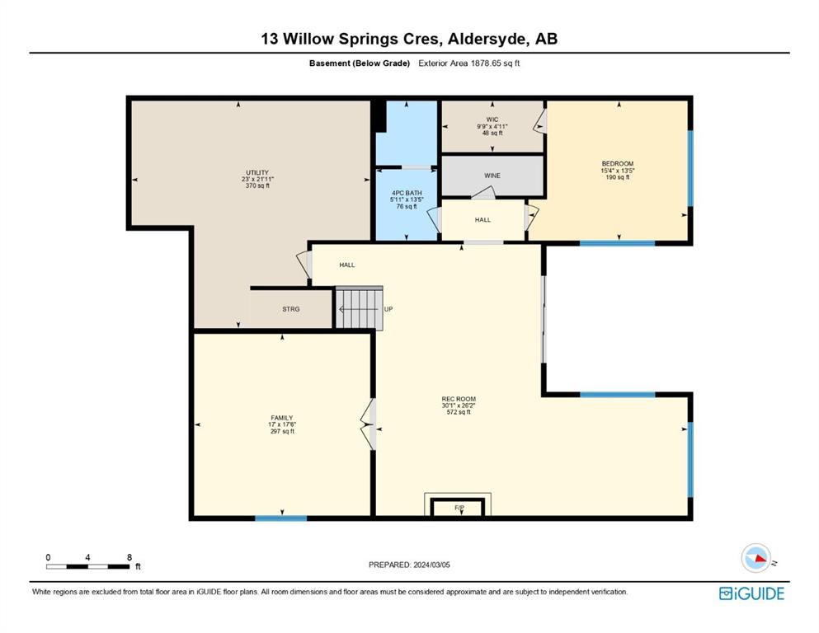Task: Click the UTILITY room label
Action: [257, 173]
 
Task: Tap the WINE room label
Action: [492, 176]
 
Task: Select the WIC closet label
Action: [492, 120]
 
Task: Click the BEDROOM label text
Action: [618, 164]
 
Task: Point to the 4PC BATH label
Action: [407, 193]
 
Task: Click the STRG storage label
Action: [291, 309]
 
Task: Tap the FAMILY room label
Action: [281, 418]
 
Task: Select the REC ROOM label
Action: [459, 399]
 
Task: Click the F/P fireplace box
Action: [458, 507]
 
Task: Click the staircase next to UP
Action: [359, 308]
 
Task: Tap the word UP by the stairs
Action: [388, 309]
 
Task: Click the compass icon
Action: [755, 558]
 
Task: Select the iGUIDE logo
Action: [751, 594]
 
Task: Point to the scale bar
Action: [87, 566]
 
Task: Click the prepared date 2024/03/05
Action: [431, 565]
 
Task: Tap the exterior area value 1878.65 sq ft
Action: [495, 63]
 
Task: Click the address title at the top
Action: [409, 39]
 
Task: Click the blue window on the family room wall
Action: [281, 518]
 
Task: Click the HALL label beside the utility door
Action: [347, 265]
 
